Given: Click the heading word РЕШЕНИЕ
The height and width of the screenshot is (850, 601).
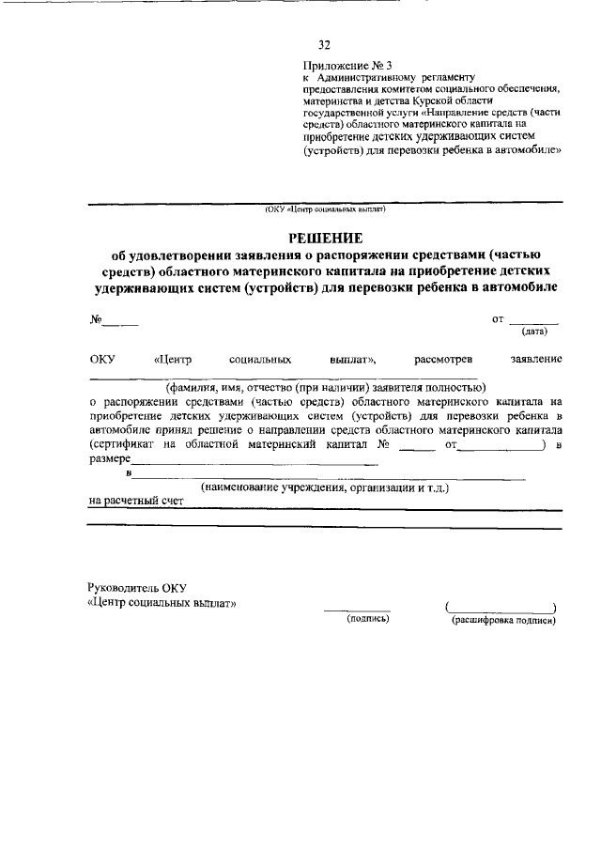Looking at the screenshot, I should coord(324,238).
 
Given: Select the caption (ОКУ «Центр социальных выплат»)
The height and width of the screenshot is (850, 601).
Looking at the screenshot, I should coord(325,210).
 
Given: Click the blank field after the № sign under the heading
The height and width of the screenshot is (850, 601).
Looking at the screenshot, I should coord(120,323).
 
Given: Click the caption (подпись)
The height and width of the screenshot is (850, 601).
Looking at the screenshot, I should coord(368,620).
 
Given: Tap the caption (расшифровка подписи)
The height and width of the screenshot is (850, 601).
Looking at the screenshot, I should coord(504,620).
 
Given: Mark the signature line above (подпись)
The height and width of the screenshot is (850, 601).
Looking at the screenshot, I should coord(358,610).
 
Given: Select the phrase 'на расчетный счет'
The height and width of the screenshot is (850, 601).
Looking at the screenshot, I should coord(136,501).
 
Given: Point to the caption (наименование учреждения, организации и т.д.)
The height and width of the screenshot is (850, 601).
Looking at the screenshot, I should coord(325,488).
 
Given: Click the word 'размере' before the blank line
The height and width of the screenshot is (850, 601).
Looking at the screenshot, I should coord(110,459).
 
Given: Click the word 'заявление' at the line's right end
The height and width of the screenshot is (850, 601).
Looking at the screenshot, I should coord(536,359).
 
